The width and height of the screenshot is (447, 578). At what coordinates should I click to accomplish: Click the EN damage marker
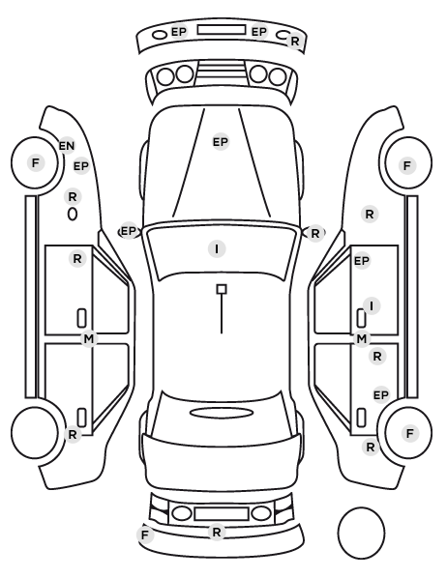click(67, 146)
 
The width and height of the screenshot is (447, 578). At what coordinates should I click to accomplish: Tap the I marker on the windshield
click(217, 248)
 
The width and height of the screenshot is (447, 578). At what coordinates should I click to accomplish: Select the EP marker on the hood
click(221, 142)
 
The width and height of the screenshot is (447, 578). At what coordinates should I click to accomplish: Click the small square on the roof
click(222, 289)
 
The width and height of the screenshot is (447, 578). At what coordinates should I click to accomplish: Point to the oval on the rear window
click(222, 413)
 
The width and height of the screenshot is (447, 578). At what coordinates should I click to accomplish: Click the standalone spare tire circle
click(361, 533)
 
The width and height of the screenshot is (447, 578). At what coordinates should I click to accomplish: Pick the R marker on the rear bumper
click(217, 532)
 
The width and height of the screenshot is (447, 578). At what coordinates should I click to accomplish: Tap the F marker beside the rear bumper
click(145, 535)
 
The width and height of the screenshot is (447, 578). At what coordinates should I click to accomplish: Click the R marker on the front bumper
click(294, 42)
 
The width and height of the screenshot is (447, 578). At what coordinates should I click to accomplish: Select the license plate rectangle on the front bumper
click(222, 30)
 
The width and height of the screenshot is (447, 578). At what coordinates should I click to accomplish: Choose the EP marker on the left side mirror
click(129, 231)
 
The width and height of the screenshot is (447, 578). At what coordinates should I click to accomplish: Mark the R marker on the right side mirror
click(314, 233)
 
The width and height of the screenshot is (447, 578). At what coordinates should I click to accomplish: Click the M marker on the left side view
click(89, 338)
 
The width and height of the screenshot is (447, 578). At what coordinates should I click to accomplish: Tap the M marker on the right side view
click(362, 338)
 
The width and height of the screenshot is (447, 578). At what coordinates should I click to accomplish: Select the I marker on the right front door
click(372, 306)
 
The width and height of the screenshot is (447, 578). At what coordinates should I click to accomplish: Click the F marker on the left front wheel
click(36, 162)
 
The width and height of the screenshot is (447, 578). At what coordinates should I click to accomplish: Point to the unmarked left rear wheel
click(35, 432)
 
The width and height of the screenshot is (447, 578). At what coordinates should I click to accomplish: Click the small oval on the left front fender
click(73, 214)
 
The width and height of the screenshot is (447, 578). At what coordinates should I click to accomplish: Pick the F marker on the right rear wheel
click(409, 433)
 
